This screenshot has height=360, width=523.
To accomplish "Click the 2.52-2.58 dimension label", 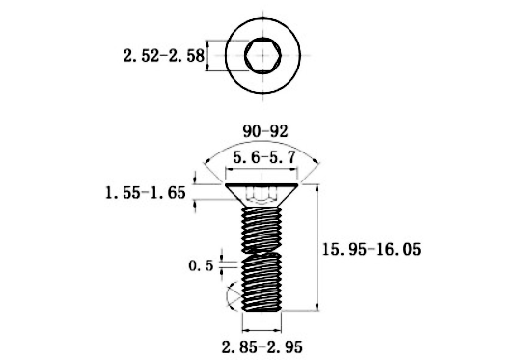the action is point(163,55).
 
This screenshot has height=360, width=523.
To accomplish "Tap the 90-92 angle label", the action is point(265,131).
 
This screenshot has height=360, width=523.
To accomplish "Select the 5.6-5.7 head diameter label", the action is point(264,157).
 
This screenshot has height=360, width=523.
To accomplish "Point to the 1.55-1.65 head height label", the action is point(146,193).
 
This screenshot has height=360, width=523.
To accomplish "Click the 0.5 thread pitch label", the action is point(201,266).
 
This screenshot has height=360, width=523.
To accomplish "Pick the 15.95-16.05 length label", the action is point(372,249).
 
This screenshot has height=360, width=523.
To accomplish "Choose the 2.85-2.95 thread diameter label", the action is point(262,347).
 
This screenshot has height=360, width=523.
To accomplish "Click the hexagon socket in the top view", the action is point(262,55).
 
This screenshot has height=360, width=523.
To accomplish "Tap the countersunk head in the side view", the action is point(261,195).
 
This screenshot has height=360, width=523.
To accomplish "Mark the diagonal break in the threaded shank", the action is point(261,252).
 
